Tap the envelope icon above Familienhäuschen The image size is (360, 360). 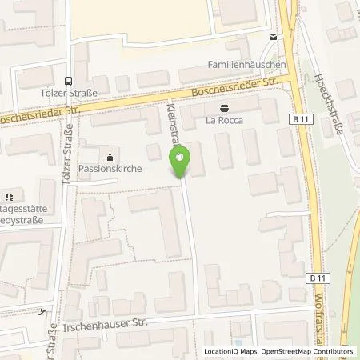click(x=274, y=37)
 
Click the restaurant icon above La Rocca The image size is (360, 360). click(x=223, y=107)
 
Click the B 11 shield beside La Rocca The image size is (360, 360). click(x=297, y=118)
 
